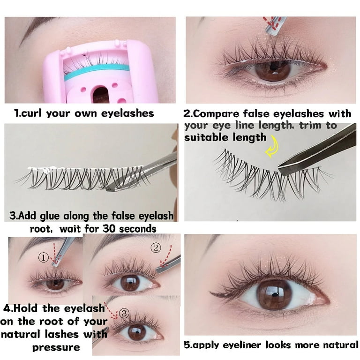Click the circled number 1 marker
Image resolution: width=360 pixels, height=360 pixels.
click(44, 257)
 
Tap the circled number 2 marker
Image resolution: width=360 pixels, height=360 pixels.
click(156, 247)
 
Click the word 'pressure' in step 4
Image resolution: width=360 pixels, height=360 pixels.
click(55, 347)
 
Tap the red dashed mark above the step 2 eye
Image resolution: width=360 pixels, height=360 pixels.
click(275, 22)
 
